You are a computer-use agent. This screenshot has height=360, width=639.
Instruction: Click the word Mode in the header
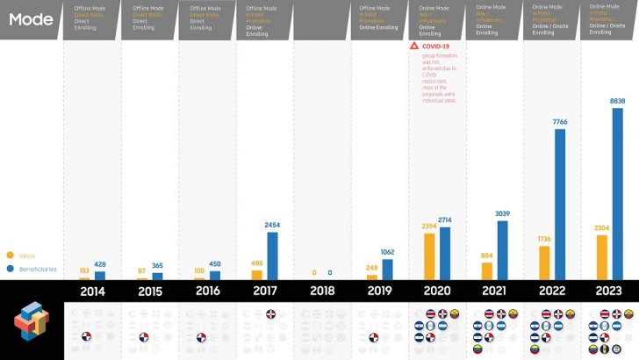click(x=30, y=18)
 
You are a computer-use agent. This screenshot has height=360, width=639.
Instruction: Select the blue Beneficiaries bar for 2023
click(x=617, y=193)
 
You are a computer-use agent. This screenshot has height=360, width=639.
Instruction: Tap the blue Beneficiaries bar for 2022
click(x=560, y=204)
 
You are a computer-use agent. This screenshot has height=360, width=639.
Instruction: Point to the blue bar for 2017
click(x=272, y=256)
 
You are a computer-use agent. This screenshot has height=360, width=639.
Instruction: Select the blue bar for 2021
click(x=503, y=250)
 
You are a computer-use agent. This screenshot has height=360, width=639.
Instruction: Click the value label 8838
click(x=617, y=101)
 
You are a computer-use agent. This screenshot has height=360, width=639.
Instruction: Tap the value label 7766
click(x=560, y=122)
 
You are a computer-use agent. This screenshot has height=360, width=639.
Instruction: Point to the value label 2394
click(x=428, y=227)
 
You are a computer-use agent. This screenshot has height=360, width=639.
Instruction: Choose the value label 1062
click(x=388, y=252)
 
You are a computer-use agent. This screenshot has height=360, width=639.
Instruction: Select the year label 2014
click(x=94, y=292)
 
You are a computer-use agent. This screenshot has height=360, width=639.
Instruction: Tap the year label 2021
click(x=494, y=292)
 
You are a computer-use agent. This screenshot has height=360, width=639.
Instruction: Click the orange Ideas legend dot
click(x=10, y=256)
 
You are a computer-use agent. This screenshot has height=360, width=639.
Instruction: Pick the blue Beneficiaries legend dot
click(x=10, y=269)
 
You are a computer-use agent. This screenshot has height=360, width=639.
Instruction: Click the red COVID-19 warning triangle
click(x=414, y=45)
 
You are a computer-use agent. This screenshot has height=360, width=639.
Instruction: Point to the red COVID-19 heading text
click(x=436, y=45)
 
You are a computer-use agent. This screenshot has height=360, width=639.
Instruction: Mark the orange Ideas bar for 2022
click(x=544, y=263)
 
